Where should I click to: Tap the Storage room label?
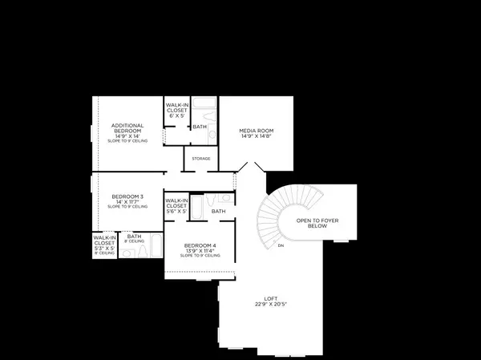201,159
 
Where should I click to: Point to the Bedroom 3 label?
127,196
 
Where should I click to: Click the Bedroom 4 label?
200,245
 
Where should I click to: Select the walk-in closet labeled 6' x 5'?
176,110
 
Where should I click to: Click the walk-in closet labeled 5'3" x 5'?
103,243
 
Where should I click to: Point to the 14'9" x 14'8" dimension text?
258,136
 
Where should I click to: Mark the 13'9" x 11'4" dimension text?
200,251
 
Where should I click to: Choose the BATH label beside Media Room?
200,126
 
